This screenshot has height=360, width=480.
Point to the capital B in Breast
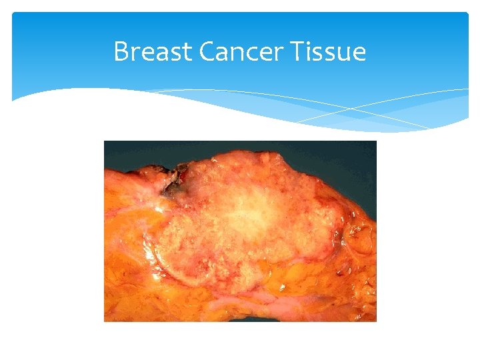pyautogui.click(x=121, y=51)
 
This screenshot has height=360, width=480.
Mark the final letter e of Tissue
pyautogui.click(x=359, y=53)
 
